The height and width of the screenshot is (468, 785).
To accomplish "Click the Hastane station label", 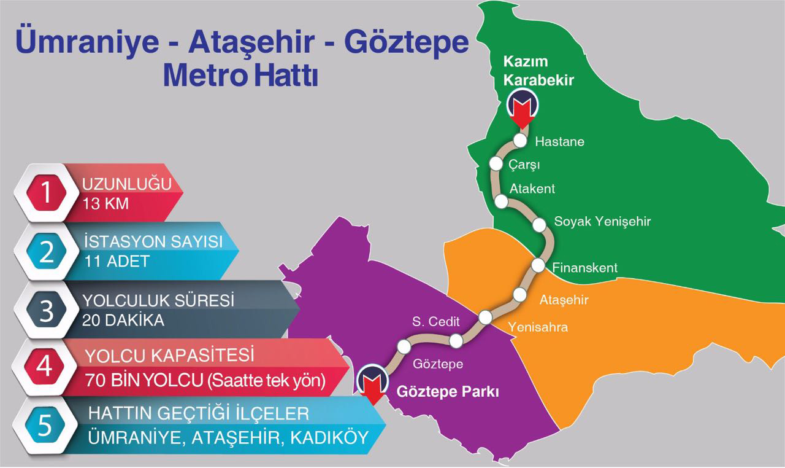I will pos(559,142).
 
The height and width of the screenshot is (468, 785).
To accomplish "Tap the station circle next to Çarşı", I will pos(496,163).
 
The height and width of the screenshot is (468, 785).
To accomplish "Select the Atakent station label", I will pos(532,189).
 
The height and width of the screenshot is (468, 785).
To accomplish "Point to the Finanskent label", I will pos(584,268).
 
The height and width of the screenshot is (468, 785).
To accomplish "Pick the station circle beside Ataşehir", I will pos(519,294).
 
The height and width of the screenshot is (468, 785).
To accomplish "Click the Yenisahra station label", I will pos(538,327).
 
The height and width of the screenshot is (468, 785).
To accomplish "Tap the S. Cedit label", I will pos(435,321).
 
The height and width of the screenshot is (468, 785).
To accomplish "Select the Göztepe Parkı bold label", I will pos(448,391).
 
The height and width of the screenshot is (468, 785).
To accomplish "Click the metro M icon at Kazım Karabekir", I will pos(523,103).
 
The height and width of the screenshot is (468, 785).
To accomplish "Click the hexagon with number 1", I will pos(46,192).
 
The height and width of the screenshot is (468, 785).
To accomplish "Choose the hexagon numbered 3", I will pos(47,310).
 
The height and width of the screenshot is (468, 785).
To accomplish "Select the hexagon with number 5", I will pos(47,426).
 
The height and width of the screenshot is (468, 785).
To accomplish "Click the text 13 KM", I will pos(105,203).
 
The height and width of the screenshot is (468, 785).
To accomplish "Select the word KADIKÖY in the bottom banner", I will pos(329,438).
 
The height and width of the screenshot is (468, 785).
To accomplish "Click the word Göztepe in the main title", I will pos(405,44).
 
